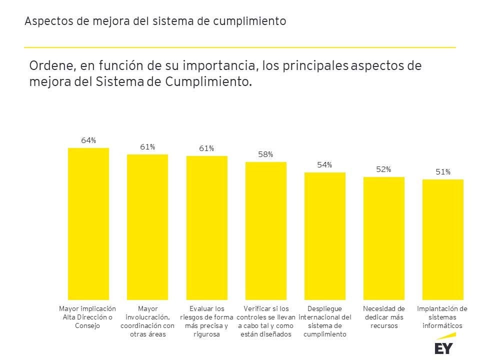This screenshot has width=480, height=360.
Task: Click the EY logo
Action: (443, 348)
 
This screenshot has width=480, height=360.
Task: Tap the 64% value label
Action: (88, 140)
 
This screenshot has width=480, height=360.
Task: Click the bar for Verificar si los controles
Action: (265, 230)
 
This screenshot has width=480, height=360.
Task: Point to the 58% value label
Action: (265, 154)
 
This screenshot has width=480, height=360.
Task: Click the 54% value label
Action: (324, 165)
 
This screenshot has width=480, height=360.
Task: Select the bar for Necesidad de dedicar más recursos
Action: (383, 238)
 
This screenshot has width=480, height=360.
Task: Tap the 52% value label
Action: (383, 169)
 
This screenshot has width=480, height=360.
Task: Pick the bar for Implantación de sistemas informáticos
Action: (442, 239)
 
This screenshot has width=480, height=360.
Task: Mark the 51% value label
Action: (442, 172)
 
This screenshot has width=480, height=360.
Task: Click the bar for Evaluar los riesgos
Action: (206, 227)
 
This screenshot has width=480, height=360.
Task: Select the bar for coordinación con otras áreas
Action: (147, 227)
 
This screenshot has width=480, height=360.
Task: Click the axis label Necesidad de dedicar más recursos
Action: (384, 317)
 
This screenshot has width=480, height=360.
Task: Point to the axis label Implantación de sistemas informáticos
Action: (442, 317)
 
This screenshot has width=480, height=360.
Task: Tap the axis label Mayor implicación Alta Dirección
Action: (87, 317)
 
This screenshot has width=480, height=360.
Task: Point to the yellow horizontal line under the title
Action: (240, 47)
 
